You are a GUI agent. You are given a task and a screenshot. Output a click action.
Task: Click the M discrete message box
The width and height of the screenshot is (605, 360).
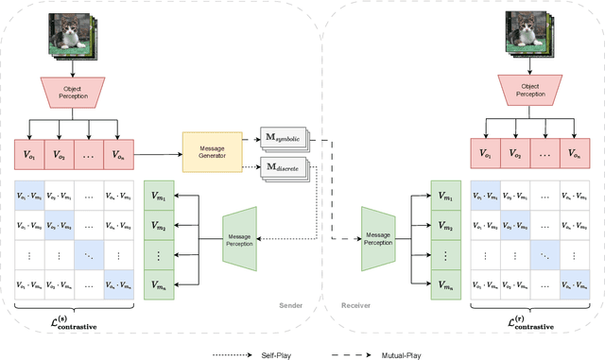pyautogui.click(x=281, y=167)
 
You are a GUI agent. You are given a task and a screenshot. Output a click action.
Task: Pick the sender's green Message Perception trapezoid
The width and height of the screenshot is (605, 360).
pyautogui.click(x=240, y=232)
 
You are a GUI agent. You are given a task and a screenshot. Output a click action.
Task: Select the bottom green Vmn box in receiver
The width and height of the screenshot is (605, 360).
pyautogui.click(x=446, y=283)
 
